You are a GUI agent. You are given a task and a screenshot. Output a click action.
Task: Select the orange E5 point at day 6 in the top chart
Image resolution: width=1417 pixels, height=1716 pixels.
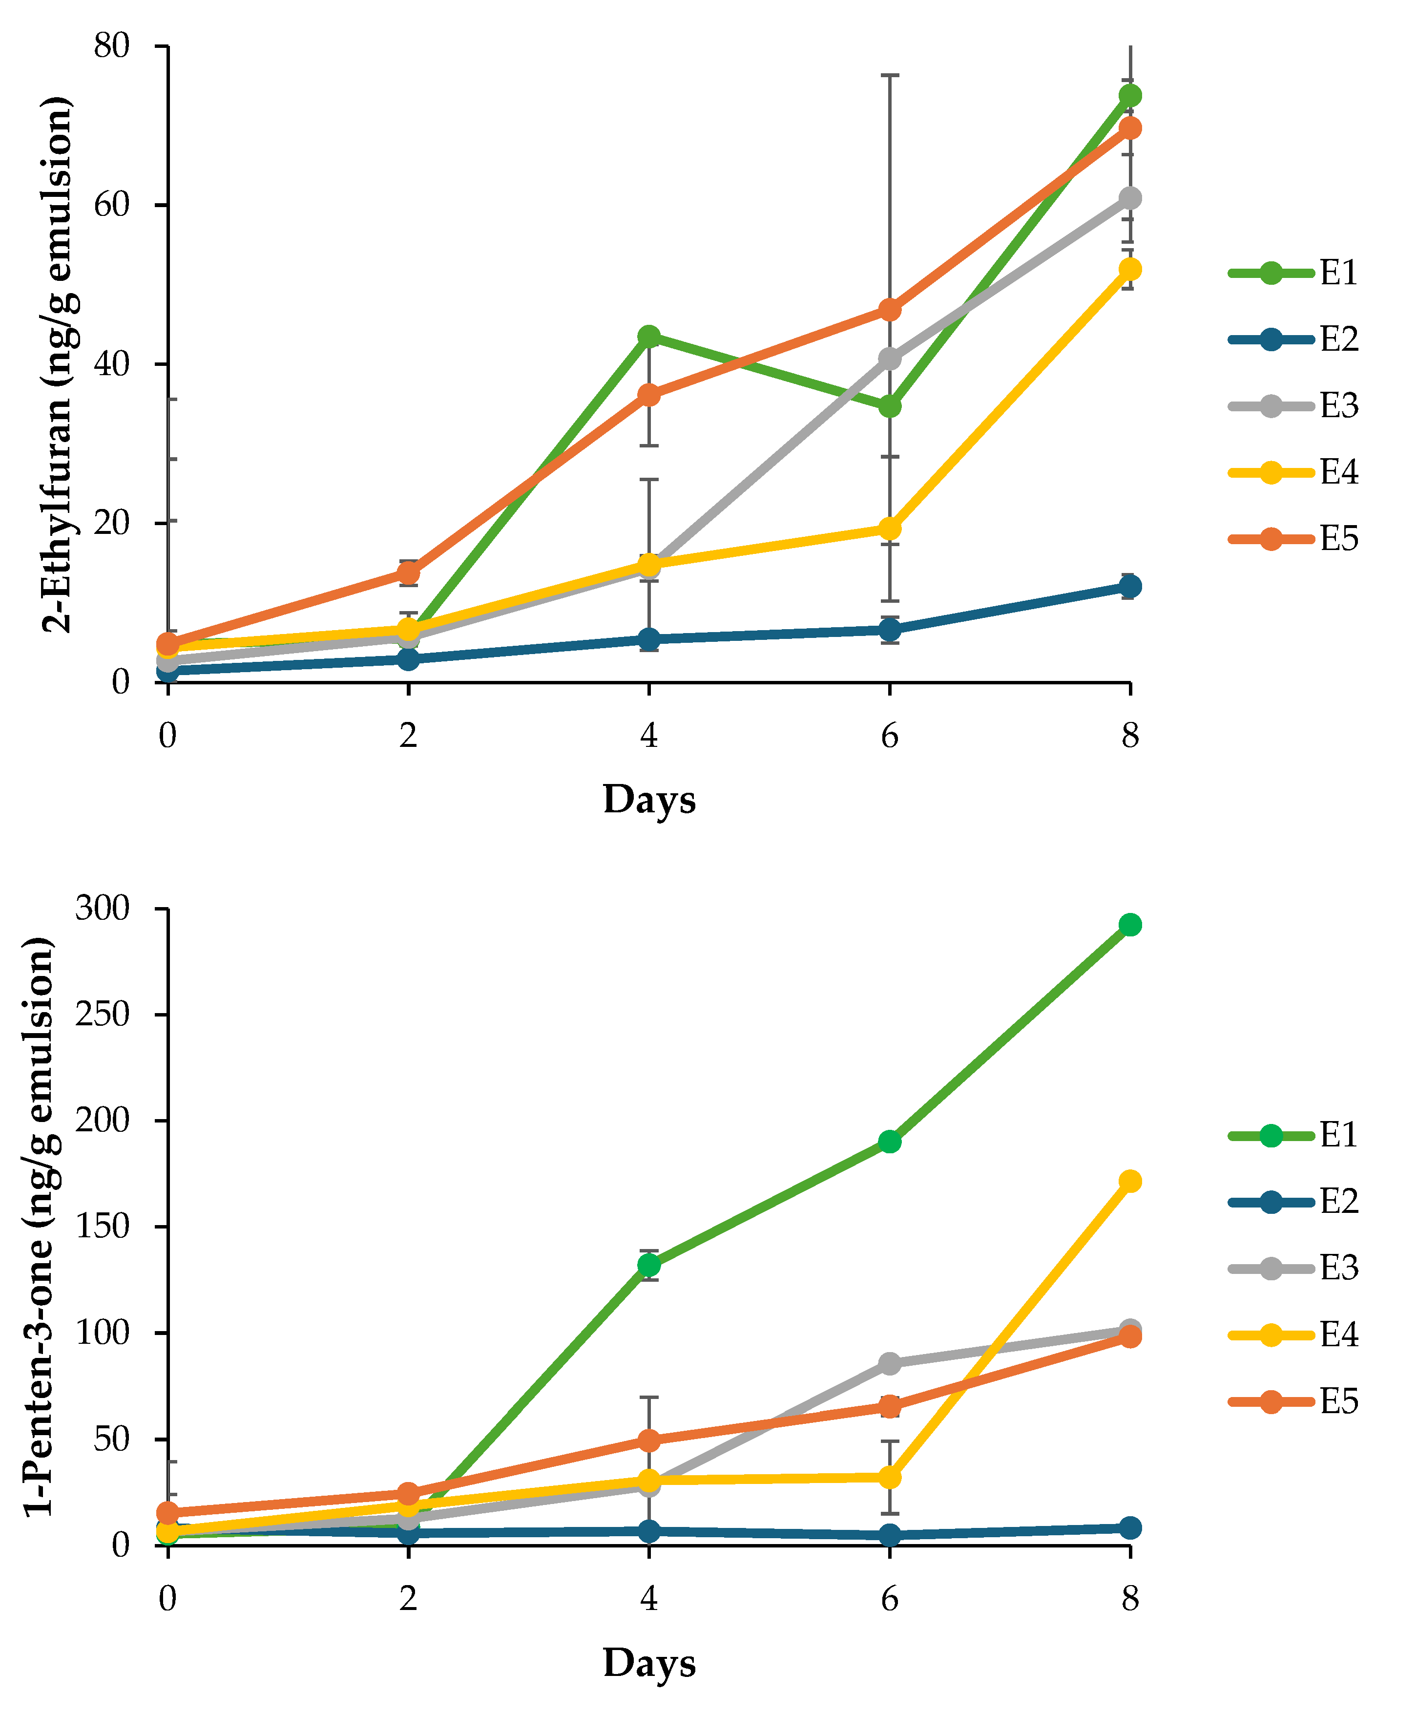tap(890, 310)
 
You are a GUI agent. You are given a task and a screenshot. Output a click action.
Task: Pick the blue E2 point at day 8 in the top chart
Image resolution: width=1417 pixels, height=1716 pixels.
tap(1130, 586)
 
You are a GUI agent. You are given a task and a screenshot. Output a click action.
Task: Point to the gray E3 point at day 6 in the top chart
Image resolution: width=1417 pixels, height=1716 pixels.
tap(890, 359)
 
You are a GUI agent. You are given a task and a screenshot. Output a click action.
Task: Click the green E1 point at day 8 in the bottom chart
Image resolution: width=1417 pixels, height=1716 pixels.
tap(1130, 925)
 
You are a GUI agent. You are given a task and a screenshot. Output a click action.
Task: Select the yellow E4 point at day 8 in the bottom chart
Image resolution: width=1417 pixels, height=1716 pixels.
tap(1130, 1181)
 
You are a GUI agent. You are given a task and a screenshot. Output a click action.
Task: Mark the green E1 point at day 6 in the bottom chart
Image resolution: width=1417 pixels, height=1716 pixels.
tap(890, 1141)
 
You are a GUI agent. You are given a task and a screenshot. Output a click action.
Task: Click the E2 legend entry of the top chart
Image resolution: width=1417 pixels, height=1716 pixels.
tap(1294, 339)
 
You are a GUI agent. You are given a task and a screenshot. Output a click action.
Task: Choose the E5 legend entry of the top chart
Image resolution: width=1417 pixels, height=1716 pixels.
tap(1294, 539)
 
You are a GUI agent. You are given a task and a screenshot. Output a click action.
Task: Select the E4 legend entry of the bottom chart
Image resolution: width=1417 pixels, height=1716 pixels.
tap(1294, 1335)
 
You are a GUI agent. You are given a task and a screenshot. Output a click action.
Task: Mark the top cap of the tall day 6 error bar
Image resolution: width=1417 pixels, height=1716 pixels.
tap(890, 75)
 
